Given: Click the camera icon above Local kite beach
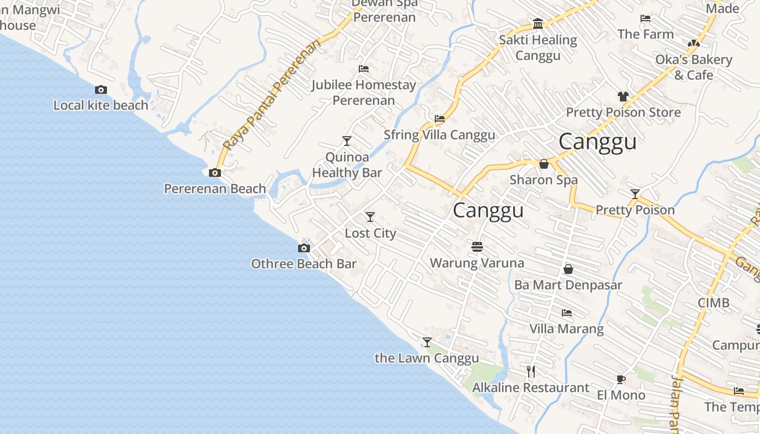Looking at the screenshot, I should pos(101,90).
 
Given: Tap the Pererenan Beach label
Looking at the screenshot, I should pos(215,189).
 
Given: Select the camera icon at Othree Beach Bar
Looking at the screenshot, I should pos(304,248).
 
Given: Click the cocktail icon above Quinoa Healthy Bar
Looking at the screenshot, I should pos(347,141).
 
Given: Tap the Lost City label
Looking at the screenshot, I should pos(370,233).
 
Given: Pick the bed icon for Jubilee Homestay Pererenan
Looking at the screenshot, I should pos(364,69).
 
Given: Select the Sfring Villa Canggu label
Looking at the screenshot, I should pos(439,135).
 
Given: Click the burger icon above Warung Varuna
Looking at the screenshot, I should pos(477,247).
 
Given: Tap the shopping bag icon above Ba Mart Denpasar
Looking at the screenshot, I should pos(568,269).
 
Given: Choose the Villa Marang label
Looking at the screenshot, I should pos(566,329).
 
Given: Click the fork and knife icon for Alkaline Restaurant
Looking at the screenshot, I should pos(531,372).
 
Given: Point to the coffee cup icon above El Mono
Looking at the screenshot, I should pos(621,379).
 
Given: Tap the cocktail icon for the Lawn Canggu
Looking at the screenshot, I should pos(427,342).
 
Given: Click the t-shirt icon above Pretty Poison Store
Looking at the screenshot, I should pos(623,97).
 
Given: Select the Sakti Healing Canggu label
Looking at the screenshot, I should pos(538,48).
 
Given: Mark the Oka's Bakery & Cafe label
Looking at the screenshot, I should pos(693,67).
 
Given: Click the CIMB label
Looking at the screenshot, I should pos(713,303).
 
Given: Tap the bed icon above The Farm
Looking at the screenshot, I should pos(645,18).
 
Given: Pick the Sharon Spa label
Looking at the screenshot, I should pos(543,180).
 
